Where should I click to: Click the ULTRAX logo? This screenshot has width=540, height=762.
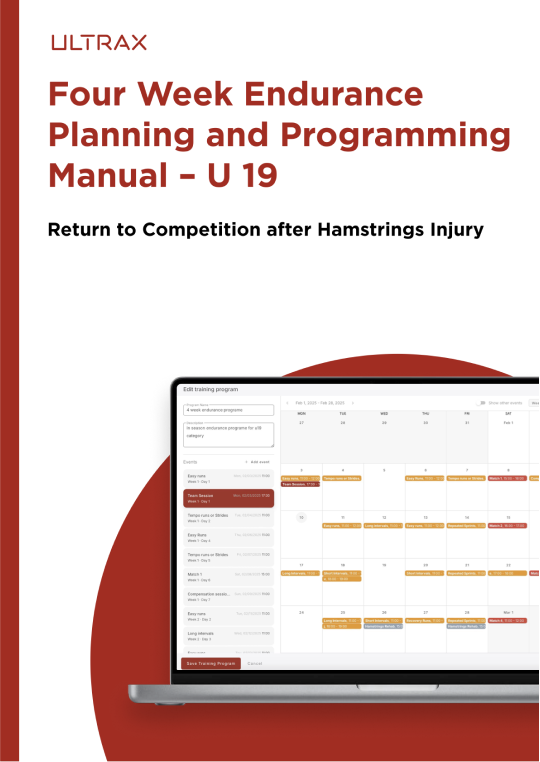tap(99, 42)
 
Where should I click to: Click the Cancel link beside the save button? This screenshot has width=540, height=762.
tap(254, 663)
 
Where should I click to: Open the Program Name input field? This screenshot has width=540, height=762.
tap(227, 410)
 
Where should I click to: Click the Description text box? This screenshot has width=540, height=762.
tap(227, 433)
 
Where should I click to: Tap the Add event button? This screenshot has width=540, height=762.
tap(258, 462)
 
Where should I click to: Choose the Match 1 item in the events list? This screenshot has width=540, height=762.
tap(227, 576)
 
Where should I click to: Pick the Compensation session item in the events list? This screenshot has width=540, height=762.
tap(227, 595)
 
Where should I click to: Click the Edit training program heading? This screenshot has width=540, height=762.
tap(211, 388)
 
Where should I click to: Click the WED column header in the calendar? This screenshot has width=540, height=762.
tap(384, 412)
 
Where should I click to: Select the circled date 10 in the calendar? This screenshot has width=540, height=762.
tap(301, 517)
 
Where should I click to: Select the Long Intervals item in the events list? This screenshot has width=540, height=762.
tap(227, 634)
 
